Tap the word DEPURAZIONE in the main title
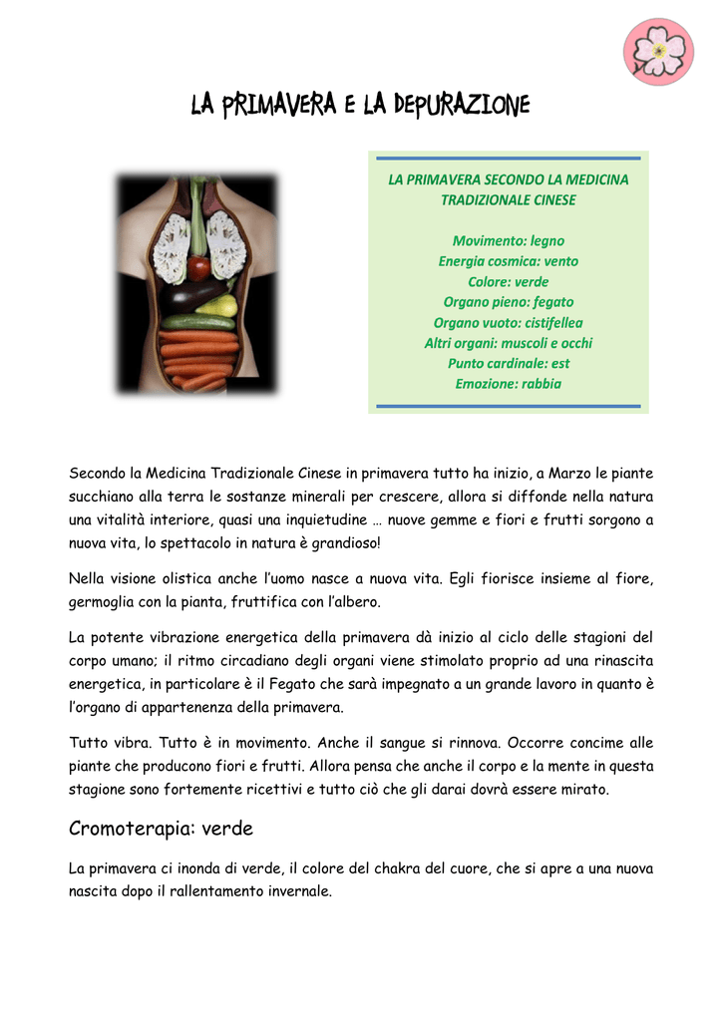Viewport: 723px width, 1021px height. point(467,105)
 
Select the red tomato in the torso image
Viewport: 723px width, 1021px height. point(198,268)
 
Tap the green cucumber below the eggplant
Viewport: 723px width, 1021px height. point(198,322)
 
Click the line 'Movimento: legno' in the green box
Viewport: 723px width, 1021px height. point(508,240)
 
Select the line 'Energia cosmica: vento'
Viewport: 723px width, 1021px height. point(508,261)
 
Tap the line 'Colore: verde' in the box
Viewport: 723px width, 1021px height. point(508,281)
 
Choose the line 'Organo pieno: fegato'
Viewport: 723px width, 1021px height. point(508,302)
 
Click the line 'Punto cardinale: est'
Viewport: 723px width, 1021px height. point(508,363)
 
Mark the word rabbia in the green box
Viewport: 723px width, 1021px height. point(539,384)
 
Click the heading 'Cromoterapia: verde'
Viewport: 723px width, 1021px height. point(161,829)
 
